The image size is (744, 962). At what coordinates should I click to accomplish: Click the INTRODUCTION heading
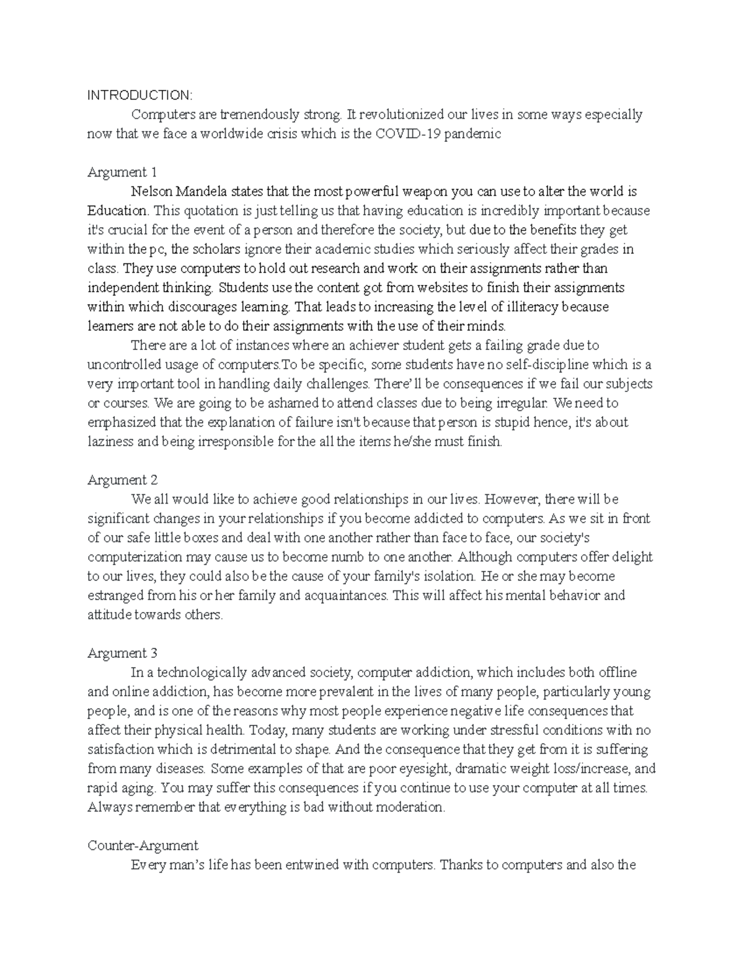tap(139, 95)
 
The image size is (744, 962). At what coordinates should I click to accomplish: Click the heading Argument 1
tap(122, 172)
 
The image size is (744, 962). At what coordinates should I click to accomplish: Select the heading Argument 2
tap(123, 479)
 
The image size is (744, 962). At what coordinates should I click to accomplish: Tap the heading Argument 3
tap(123, 653)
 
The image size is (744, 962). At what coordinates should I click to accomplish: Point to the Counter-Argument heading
tap(143, 846)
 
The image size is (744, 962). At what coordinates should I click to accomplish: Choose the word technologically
tap(201, 672)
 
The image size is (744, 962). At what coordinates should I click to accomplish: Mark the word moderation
tap(412, 807)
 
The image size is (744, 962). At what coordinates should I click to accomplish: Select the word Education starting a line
tap(114, 211)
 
